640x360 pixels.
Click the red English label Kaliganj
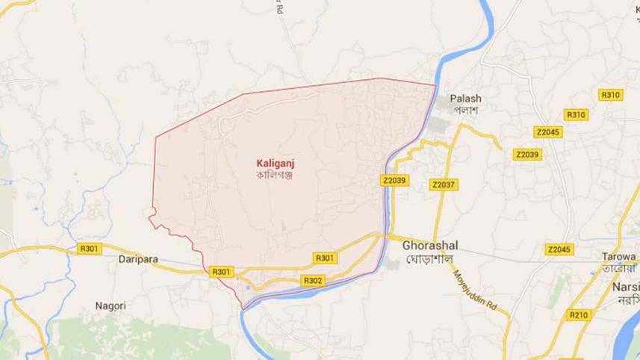click(x=273, y=162)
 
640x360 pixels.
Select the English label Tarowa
click(x=618, y=255)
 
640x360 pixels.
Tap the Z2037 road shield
click(x=443, y=184)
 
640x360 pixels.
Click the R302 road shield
click(x=313, y=280)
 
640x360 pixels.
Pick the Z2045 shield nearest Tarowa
click(x=558, y=249)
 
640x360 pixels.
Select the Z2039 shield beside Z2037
click(x=393, y=180)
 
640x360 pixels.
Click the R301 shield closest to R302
click(x=325, y=258)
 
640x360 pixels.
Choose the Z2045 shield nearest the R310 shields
click(x=547, y=132)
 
